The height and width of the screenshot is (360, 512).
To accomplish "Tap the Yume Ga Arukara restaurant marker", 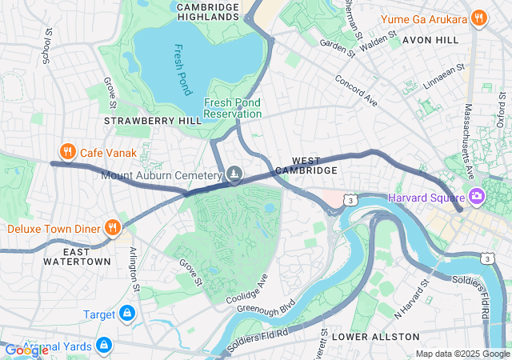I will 478,18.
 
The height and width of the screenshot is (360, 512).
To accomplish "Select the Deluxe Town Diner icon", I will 113,228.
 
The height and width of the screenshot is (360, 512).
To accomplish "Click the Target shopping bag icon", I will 126,314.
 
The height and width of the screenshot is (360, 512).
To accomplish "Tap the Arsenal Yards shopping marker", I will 102,345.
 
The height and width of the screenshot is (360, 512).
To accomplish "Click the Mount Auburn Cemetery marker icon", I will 234,174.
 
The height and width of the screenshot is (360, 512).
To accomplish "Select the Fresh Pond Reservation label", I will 233,108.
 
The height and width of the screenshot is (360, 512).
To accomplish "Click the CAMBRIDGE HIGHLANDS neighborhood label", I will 207,11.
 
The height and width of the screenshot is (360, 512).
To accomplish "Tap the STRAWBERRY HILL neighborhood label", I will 142,120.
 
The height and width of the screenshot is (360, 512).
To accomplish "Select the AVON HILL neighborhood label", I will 430,38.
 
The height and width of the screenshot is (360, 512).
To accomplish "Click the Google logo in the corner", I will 26,350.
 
